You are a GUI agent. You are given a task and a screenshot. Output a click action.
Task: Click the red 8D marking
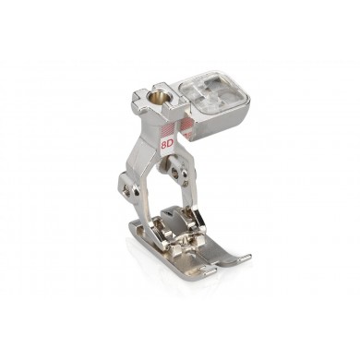point(167,144)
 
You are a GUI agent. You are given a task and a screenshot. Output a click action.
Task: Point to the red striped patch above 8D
point(167,126)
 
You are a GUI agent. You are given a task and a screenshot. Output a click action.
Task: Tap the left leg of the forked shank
point(150,203)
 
